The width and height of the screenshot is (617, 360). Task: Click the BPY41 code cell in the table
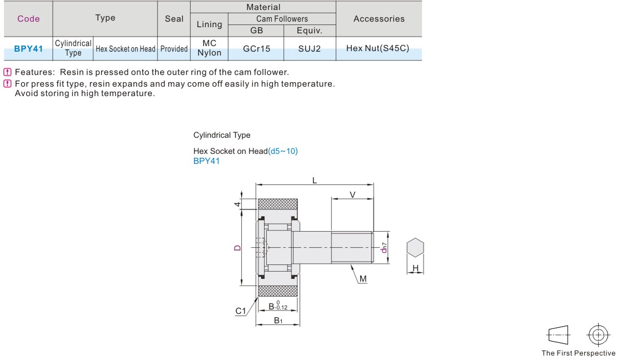(28, 49)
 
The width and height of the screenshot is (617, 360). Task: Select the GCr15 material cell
(257, 49)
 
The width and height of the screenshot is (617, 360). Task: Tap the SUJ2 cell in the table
(309, 49)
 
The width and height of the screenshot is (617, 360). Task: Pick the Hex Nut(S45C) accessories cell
(378, 48)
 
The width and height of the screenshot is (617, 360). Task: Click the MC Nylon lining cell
(210, 48)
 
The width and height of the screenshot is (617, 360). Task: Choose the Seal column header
(174, 18)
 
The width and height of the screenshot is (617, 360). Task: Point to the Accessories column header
(379, 18)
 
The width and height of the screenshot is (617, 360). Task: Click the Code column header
(28, 18)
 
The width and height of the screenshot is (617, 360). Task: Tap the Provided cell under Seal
(174, 49)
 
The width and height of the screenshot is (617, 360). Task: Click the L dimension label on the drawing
(315, 180)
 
